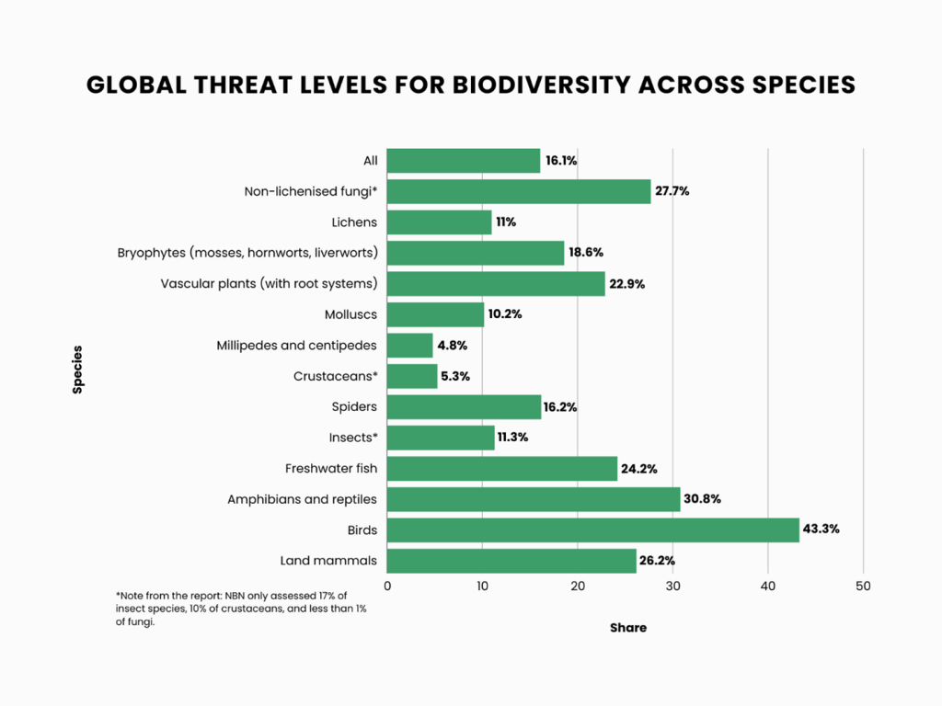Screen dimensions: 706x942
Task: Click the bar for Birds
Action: tap(592, 529)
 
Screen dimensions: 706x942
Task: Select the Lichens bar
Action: tap(439, 222)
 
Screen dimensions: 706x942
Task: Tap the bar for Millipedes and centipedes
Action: tap(409, 346)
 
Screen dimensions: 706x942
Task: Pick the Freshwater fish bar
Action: tap(501, 469)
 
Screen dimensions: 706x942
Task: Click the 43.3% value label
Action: tap(821, 529)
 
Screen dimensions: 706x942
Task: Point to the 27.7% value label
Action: tap(672, 192)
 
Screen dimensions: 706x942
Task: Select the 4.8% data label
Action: tap(453, 346)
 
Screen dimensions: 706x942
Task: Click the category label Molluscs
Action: tap(350, 314)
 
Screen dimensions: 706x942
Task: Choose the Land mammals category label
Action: tap(328, 561)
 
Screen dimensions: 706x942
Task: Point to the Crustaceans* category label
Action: tap(335, 376)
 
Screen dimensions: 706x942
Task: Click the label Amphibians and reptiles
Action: tap(302, 499)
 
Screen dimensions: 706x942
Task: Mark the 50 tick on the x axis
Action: tap(863, 586)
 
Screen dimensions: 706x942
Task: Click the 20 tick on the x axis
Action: tap(578, 586)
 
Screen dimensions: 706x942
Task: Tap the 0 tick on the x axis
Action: tap(387, 586)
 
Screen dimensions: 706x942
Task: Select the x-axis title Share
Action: tap(628, 628)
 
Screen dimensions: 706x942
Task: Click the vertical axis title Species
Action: tap(77, 369)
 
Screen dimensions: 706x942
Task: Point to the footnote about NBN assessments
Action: tap(241, 609)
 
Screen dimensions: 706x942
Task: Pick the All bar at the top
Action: tap(463, 161)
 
